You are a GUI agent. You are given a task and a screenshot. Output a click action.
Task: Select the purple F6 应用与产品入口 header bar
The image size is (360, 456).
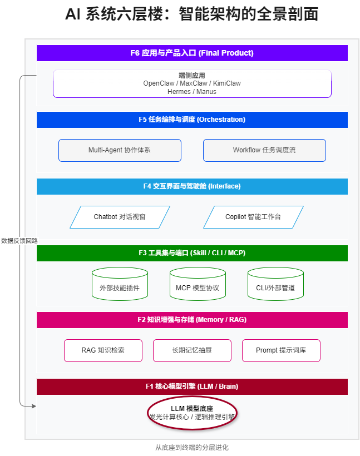point(192,53)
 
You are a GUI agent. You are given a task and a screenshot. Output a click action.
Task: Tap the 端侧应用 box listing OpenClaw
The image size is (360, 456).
point(192,83)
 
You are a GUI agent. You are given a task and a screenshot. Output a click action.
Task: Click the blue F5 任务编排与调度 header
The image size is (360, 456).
point(192,120)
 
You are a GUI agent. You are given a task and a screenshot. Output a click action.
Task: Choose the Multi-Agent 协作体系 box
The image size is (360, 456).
point(120,150)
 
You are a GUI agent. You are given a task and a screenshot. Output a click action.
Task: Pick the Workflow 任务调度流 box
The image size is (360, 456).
point(264,150)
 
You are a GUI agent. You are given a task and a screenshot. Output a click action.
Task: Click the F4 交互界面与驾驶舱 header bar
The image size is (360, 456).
point(192,186)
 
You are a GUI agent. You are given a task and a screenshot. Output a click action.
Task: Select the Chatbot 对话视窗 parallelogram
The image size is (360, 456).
point(120,217)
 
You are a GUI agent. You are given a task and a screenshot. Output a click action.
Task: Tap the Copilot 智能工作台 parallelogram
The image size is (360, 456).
point(253,217)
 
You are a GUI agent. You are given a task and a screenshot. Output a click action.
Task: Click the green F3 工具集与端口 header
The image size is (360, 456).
point(192,253)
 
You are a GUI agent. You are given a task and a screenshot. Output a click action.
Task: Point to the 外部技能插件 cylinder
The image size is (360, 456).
point(120,285)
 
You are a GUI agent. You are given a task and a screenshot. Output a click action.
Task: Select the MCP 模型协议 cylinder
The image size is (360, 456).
point(198,285)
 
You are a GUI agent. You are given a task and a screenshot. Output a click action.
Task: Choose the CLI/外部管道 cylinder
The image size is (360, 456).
point(275,285)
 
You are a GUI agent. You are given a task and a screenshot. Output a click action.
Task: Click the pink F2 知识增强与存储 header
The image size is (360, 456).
point(192,320)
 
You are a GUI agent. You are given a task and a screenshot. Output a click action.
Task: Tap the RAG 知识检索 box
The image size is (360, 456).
point(103,350)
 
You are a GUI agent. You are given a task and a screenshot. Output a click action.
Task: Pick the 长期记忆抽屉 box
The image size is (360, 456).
point(192,350)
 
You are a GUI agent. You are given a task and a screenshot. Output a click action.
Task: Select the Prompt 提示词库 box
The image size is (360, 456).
point(281,350)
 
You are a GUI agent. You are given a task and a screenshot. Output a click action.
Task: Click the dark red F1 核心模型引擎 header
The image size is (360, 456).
point(192,386)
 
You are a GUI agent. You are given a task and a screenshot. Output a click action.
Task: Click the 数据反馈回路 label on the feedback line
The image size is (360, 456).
point(19,241)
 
